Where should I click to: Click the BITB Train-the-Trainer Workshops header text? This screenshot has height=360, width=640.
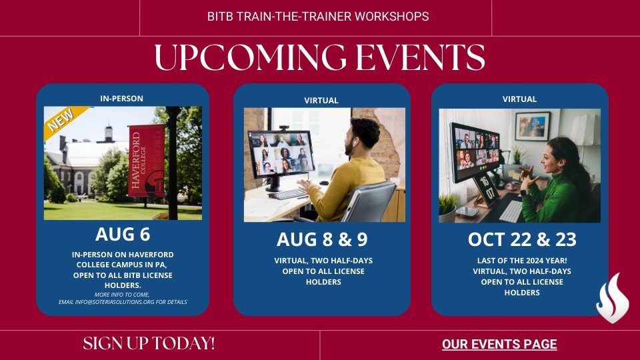pos(318,17)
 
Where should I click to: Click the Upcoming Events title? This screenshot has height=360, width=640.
pos(319,58)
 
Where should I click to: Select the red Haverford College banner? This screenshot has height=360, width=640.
pos(145,161)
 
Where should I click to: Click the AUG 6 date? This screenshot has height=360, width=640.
pos(123,235)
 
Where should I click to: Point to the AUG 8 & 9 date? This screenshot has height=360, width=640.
pos(322,239)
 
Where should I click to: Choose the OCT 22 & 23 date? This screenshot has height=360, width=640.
pos(522,239)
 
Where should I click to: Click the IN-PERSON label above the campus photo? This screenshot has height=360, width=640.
pos(121,99)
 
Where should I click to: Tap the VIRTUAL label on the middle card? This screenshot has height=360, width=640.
pos(321,101)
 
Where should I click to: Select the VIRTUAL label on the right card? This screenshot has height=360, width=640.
pos(519,99)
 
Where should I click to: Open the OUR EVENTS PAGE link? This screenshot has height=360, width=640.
pos(499,345)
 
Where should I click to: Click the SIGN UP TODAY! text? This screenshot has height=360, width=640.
pos(149,344)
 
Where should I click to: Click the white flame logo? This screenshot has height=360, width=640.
pos(611,298)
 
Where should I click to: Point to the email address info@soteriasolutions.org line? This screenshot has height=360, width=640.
pos(123,302)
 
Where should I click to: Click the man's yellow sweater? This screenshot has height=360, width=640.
pos(347,186)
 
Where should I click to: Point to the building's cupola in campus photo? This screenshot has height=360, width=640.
pos(108,132)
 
